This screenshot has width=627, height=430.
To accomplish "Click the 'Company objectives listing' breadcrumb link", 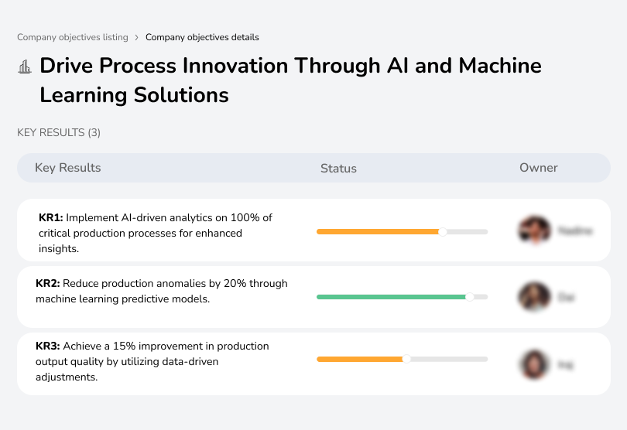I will coord(73,37).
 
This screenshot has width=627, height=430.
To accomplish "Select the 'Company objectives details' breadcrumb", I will coord(202,37).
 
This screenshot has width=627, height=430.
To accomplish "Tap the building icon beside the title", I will coord(25,67).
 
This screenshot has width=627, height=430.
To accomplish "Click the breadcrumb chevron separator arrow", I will coord(137,37).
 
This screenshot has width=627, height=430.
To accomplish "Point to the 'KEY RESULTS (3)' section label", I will coord(59,133).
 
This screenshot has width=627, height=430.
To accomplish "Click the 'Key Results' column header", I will coord(67,168).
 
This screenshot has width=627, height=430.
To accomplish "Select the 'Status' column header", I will coord(338,168).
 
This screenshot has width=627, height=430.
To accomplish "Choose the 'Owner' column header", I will coord(538,168).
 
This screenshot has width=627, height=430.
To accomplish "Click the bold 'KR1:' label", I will coord(50,218).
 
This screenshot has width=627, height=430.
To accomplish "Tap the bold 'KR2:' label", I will coord(48,284).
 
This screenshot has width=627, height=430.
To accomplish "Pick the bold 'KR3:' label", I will coord(48,346).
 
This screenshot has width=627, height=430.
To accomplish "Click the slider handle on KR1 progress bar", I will coord(443,231).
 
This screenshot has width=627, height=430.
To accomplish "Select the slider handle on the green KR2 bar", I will coord(469,296).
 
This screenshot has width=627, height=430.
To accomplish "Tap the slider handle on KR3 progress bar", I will coord(406,359).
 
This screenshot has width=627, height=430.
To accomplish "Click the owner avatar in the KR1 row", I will coord(534,230).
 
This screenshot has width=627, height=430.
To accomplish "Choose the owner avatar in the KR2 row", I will coord(534,296).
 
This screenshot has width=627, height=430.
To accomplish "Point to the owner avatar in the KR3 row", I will coord(534,363).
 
